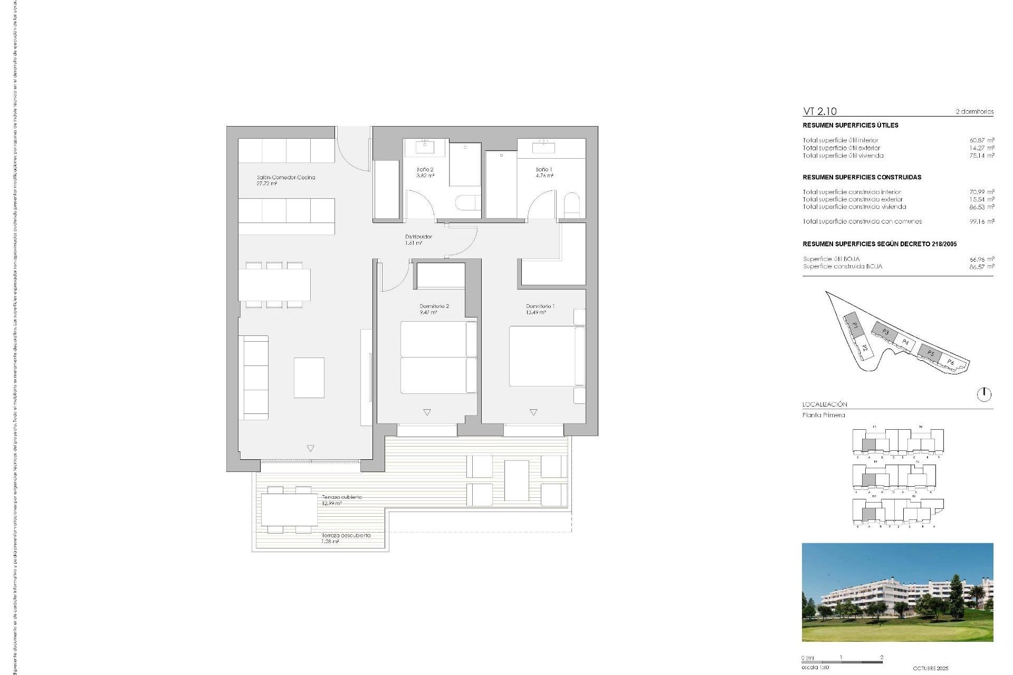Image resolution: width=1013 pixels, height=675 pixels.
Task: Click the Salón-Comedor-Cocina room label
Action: [x=285, y=178]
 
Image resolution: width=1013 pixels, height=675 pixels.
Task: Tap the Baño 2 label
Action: [x=425, y=170]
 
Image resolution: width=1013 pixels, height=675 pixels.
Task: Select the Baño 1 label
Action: [x=544, y=170]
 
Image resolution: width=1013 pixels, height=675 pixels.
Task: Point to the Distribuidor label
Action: [x=418, y=237]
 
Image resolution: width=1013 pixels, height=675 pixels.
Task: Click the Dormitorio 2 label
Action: [x=434, y=306]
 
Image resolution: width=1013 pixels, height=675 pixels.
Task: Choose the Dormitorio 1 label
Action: [x=540, y=306]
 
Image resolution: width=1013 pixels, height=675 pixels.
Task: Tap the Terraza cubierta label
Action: [x=342, y=497]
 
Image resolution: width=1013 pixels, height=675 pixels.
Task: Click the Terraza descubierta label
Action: [x=346, y=535]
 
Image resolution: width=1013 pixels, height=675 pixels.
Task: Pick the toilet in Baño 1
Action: [x=571, y=204]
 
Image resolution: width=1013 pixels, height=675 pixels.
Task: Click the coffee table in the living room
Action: [x=309, y=378]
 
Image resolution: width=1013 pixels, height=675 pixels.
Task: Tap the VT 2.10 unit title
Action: [x=819, y=111]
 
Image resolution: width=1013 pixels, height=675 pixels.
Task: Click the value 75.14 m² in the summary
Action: [x=981, y=156]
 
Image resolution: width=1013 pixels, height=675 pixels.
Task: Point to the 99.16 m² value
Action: [x=981, y=221]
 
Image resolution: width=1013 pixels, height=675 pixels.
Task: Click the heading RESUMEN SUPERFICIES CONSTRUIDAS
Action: [x=862, y=177]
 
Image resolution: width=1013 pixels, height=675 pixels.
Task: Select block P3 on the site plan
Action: [x=885, y=332]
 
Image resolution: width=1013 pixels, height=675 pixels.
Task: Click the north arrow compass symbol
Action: [x=984, y=394]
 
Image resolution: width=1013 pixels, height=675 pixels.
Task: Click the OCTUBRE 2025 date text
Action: [x=930, y=668]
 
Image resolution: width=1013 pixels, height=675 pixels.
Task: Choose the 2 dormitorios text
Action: [x=974, y=112]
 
